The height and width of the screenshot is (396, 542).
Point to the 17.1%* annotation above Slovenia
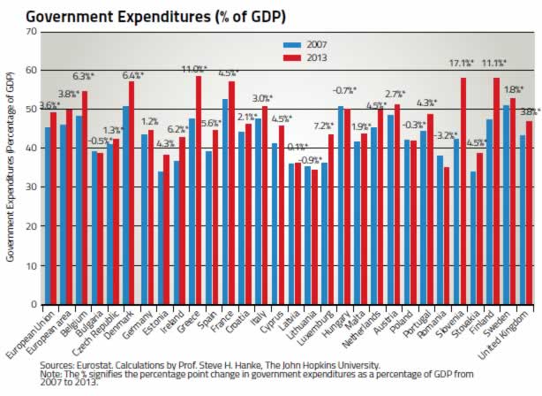click(x=461, y=63)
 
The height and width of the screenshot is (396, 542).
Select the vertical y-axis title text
click(x=11, y=168)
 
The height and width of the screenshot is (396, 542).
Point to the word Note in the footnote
click(x=51, y=373)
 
